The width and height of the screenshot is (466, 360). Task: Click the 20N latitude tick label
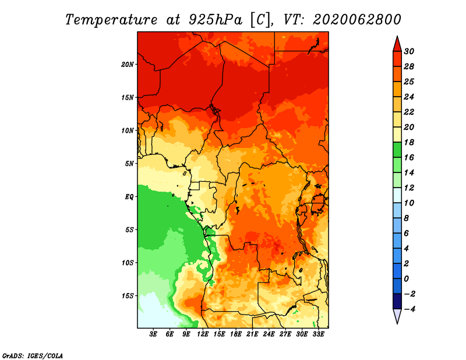128,65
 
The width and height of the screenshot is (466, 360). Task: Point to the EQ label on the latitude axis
129,197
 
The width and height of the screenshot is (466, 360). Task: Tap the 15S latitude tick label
128,296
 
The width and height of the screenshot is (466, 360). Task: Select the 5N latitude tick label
129,164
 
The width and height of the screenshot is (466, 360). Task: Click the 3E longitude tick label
153,334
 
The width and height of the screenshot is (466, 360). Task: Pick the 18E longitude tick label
236,334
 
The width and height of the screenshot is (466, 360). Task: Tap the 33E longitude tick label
318,334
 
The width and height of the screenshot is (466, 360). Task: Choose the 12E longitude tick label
203,334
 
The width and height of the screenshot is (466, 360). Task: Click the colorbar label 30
409,51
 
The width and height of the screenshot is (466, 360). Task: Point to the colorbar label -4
409,309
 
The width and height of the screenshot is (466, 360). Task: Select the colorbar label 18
409,142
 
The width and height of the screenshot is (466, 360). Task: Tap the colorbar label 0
407,279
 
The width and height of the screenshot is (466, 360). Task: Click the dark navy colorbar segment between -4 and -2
397,301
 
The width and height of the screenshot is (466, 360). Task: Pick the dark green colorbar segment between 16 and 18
397,150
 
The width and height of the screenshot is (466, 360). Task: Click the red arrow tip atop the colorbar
397,37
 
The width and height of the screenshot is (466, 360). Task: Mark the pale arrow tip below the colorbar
397,323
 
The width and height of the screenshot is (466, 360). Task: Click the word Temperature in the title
111,20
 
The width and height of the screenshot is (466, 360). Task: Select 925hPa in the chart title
216,20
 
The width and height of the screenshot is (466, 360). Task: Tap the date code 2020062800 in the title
357,20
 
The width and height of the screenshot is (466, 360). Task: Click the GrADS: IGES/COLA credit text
33,355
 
